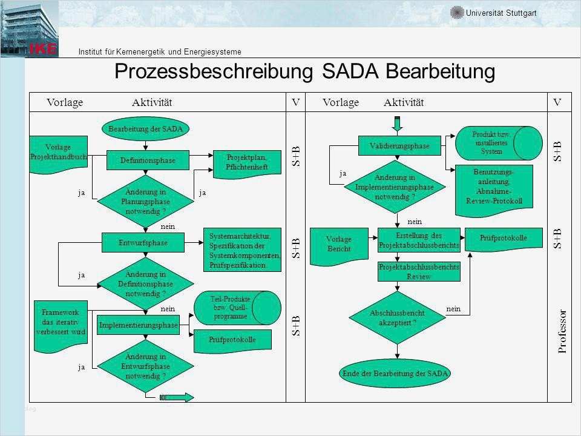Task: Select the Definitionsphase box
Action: tap(148, 160)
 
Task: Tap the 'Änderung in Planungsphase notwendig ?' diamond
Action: tap(145, 201)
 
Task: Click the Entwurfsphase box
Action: tap(143, 242)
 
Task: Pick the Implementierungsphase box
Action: tap(138, 325)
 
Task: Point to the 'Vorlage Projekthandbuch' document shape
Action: tap(59, 153)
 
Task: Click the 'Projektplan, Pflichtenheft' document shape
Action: tap(248, 162)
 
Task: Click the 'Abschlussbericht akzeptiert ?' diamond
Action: tap(397, 318)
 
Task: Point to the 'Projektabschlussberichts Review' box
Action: tap(419, 271)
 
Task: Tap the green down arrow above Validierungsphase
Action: tap(398, 124)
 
